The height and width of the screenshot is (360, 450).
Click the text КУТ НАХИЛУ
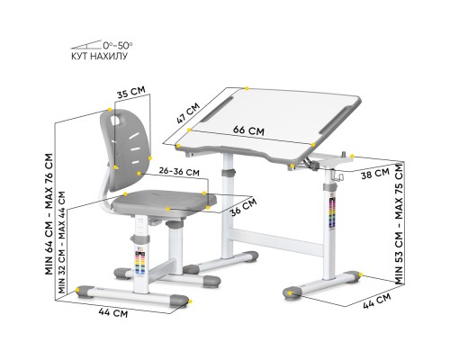pos(99,56)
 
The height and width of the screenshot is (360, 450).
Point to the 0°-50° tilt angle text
pos(117,43)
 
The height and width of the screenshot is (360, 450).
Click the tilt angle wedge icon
pos(86,43)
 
